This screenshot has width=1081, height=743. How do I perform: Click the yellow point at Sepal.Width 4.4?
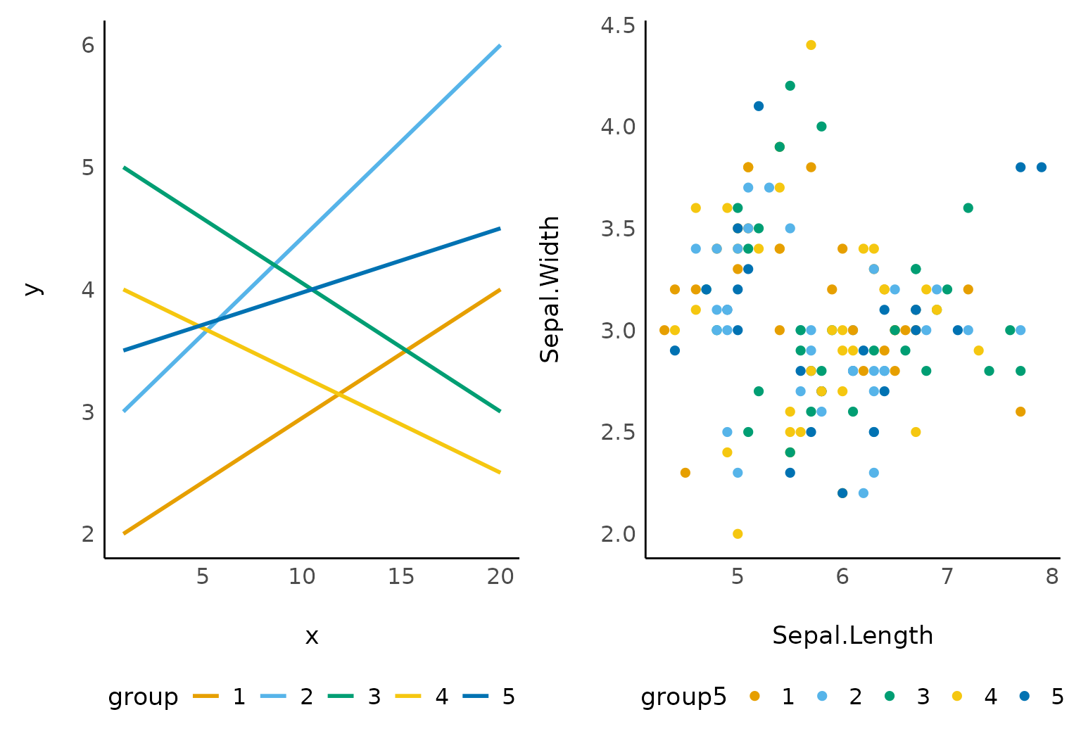(x=811, y=45)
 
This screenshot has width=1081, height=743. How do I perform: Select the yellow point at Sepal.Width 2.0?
(x=738, y=534)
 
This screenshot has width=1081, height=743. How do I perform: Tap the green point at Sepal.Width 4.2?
(x=790, y=86)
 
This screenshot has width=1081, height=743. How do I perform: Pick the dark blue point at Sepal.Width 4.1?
(x=759, y=106)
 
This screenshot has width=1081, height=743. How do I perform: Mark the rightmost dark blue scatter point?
(x=1042, y=167)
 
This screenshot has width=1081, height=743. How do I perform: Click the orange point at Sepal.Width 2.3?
(x=685, y=473)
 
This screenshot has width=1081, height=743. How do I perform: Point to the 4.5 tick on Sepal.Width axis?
(x=618, y=25)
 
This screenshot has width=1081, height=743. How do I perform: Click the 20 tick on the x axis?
(x=500, y=577)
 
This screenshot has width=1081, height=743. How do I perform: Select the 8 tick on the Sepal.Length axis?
(x=1052, y=577)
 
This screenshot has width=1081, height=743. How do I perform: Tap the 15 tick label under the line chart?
(x=401, y=577)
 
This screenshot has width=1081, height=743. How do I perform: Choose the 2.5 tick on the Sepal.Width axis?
(x=618, y=432)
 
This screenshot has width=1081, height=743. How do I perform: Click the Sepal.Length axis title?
(x=852, y=635)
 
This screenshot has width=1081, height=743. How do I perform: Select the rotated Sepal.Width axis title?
(x=550, y=289)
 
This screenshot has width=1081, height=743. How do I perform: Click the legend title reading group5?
(x=683, y=697)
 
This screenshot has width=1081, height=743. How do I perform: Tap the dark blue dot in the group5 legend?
(x=1025, y=697)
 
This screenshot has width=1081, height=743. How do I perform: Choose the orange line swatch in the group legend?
(x=206, y=697)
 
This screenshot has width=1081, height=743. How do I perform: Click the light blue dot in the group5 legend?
(x=822, y=697)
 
